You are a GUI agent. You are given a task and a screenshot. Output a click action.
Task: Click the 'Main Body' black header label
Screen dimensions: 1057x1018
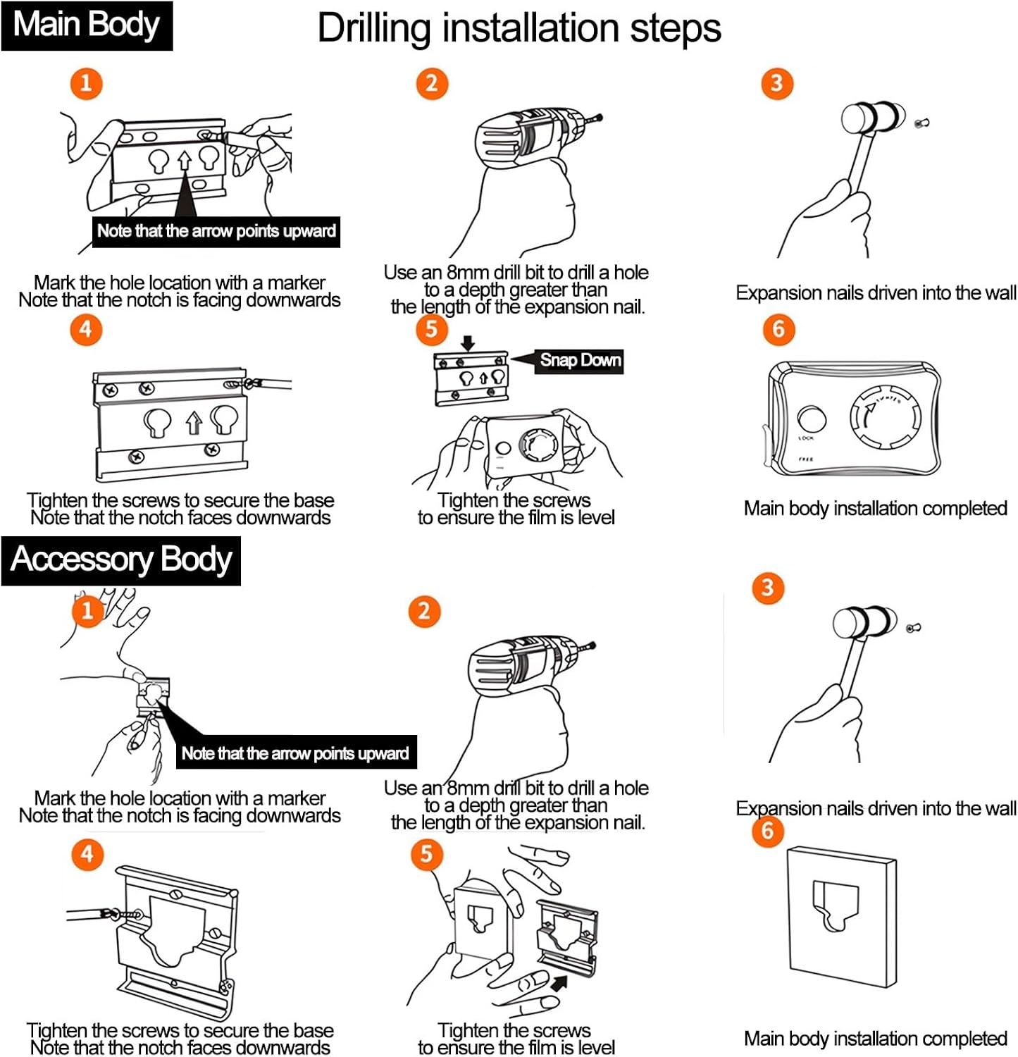point(87,25)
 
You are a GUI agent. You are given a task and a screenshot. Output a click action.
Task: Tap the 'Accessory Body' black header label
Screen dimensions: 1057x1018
point(120,560)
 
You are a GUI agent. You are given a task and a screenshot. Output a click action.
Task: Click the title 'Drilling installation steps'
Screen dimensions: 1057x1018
point(519,29)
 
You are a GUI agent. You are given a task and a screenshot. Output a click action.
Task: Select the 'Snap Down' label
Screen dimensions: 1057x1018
point(580,361)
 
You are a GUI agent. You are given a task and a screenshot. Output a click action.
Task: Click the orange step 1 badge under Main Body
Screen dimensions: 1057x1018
point(86,84)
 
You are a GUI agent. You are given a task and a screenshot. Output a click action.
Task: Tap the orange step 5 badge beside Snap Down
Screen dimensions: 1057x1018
point(431,329)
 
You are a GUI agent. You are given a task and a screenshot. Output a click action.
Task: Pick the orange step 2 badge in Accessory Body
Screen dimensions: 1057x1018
point(424,611)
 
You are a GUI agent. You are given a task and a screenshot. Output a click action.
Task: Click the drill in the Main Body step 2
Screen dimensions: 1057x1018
point(528,137)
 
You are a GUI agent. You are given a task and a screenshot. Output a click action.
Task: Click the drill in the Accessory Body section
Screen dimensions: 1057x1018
point(521,666)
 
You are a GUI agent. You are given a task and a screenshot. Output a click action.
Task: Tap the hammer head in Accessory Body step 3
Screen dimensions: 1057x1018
point(865,623)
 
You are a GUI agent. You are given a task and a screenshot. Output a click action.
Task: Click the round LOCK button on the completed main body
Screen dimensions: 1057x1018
point(812,419)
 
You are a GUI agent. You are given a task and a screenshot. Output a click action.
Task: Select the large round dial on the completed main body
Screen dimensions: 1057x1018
point(885,418)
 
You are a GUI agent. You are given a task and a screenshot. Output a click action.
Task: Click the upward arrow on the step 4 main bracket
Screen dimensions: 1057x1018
point(194,423)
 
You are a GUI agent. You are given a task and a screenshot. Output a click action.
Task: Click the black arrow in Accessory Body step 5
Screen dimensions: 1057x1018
point(559,982)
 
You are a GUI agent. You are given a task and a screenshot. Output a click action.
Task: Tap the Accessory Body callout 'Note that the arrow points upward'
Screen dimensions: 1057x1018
point(295,753)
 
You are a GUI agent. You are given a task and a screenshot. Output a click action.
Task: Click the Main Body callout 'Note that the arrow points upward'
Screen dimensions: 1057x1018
point(216,231)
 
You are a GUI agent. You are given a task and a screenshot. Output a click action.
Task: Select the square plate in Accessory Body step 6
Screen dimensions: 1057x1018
point(841,916)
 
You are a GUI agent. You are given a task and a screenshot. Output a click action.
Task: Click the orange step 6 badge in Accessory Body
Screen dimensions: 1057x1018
point(768,831)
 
